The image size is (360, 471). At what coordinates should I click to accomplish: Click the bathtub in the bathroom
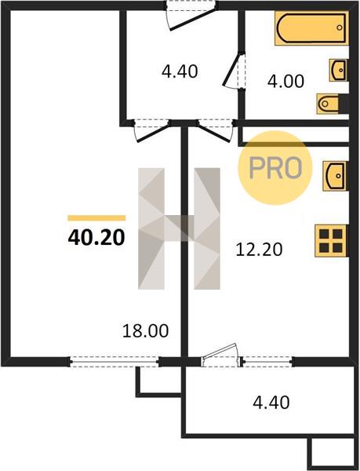[x=311, y=28]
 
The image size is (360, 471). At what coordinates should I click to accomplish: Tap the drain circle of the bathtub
[x=340, y=27]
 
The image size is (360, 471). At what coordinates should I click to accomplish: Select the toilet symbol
[x=329, y=104]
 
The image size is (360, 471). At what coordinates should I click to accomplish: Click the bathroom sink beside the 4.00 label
[x=338, y=71]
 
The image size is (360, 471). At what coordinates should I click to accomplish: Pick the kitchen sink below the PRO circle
[x=334, y=176]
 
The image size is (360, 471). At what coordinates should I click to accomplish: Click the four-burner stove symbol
[x=330, y=241]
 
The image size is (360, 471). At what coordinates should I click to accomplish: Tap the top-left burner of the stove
[x=324, y=234]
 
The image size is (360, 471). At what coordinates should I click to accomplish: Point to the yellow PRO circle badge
[x=275, y=168]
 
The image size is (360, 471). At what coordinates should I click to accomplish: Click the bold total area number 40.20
[x=96, y=238]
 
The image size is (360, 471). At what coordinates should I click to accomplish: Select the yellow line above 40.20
[x=96, y=218]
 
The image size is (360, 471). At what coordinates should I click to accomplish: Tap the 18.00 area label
[x=146, y=331]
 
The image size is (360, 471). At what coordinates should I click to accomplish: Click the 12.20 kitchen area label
[x=259, y=250]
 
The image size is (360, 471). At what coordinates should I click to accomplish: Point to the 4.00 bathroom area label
[x=285, y=82]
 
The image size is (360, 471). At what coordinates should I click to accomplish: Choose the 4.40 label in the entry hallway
[x=180, y=71]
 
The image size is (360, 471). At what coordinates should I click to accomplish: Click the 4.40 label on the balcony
[x=271, y=402]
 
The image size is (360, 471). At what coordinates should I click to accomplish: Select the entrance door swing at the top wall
[x=192, y=20]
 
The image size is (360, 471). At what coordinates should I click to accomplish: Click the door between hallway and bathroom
[x=234, y=71]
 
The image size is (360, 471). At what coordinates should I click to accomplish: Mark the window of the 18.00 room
[x=115, y=362]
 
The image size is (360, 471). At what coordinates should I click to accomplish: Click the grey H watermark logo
[x=179, y=228]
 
